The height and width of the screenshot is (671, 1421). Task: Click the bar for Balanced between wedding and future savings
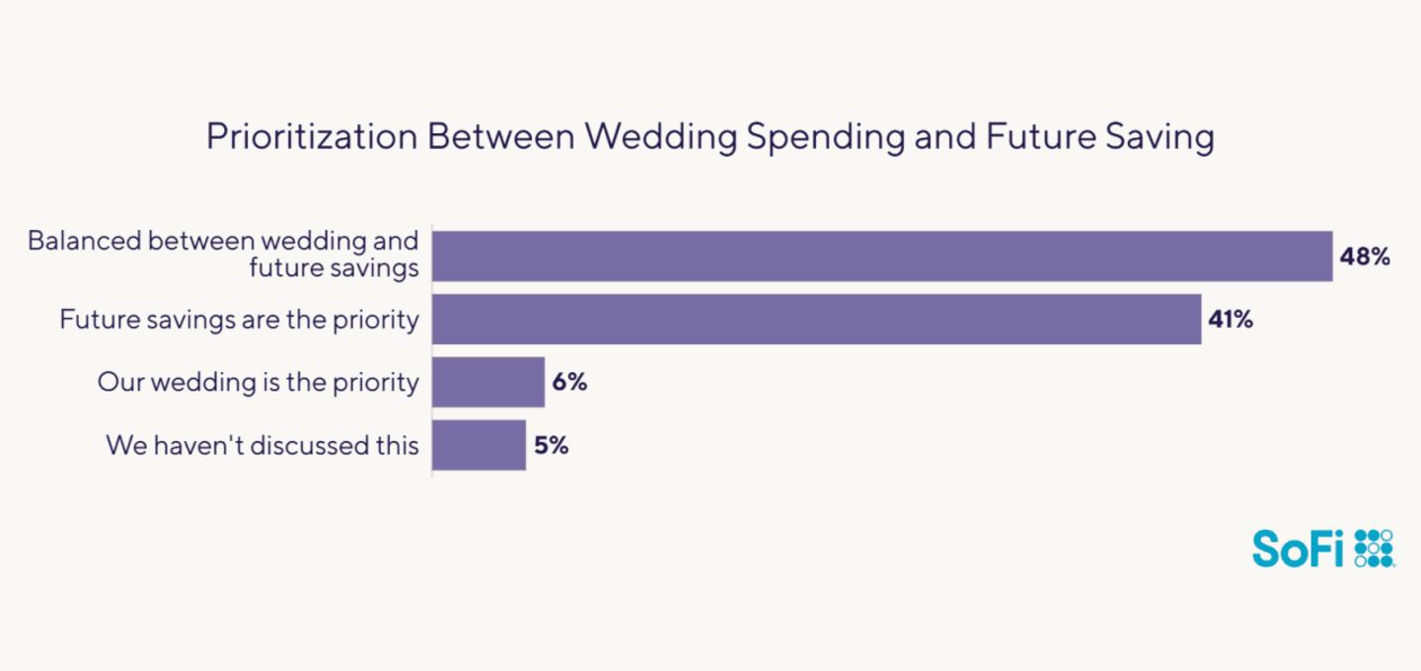tap(882, 257)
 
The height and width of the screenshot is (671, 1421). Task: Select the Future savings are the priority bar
tap(817, 319)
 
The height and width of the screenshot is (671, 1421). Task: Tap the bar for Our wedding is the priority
tap(488, 382)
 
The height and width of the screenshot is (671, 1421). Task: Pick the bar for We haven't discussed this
tap(480, 445)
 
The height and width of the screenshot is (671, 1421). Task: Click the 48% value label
tap(1365, 258)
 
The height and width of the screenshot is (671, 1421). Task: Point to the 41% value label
tap(1231, 320)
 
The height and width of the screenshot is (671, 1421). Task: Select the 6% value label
tap(569, 383)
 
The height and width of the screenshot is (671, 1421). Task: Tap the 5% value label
tap(551, 445)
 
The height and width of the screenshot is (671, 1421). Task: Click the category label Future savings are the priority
tap(239, 320)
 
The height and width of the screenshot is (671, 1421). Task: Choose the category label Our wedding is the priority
tap(258, 382)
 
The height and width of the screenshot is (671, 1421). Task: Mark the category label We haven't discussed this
tap(262, 445)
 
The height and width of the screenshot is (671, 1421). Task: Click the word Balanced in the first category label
tap(83, 241)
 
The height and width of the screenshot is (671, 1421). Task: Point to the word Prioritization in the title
tap(311, 137)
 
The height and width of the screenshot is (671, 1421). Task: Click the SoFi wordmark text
tap(1299, 548)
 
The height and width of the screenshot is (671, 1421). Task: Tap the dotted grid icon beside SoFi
tap(1374, 548)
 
